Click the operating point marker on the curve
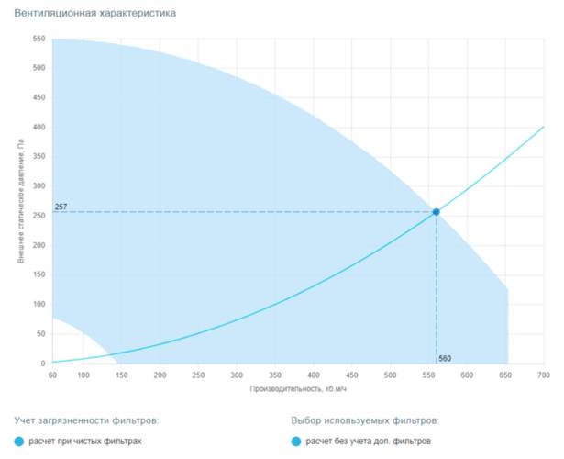coord(436,212)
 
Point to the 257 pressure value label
coord(61,207)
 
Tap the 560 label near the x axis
coord(445,357)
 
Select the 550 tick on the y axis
coord(39,39)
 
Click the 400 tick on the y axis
coord(39,127)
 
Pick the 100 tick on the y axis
coord(39,305)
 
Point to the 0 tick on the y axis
coord(42,364)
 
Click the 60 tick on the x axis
coord(52,375)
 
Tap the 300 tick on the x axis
coord(237,375)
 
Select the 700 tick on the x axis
coord(543,375)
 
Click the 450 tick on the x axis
coord(351,375)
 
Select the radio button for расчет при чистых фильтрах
coord(20,442)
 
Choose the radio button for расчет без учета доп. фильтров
coord(296,442)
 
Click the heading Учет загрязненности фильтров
coord(87,420)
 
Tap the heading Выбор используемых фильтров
coord(365,420)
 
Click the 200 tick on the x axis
coord(160,375)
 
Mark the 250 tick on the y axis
coord(39,216)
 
